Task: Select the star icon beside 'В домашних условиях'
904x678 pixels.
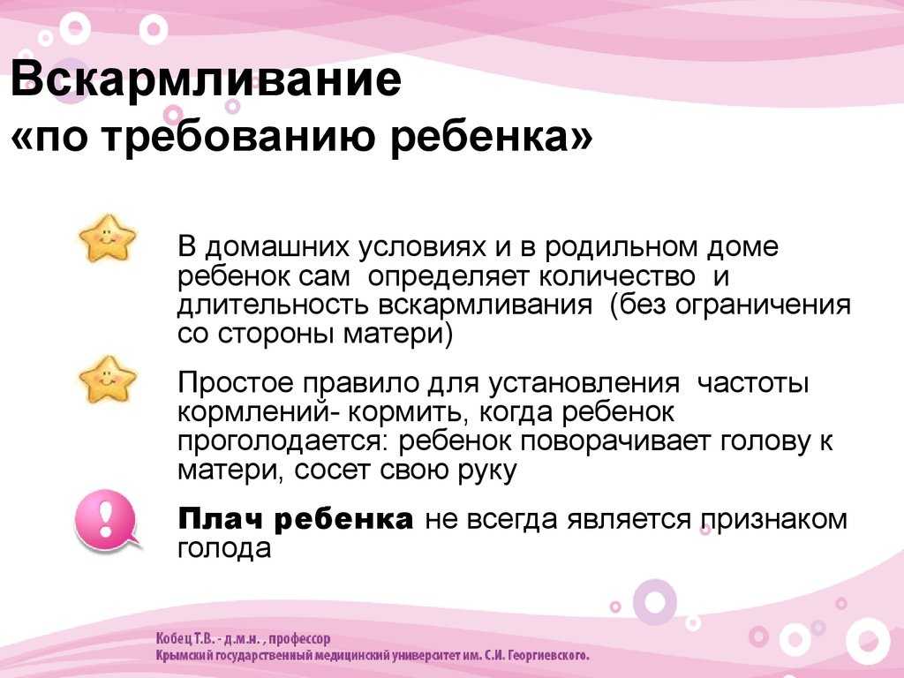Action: pyautogui.click(x=108, y=237)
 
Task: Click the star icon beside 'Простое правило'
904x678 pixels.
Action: pyautogui.click(x=108, y=379)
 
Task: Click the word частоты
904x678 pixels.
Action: pyautogui.click(x=753, y=385)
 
